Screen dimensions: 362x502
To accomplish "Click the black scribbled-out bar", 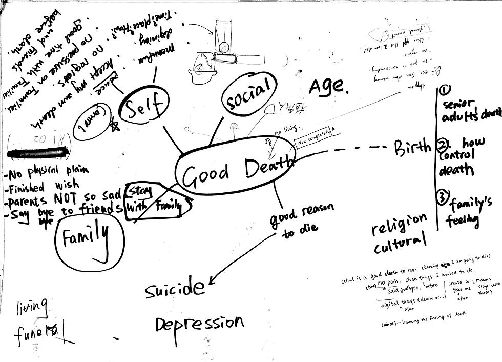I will [x=39, y=151].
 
